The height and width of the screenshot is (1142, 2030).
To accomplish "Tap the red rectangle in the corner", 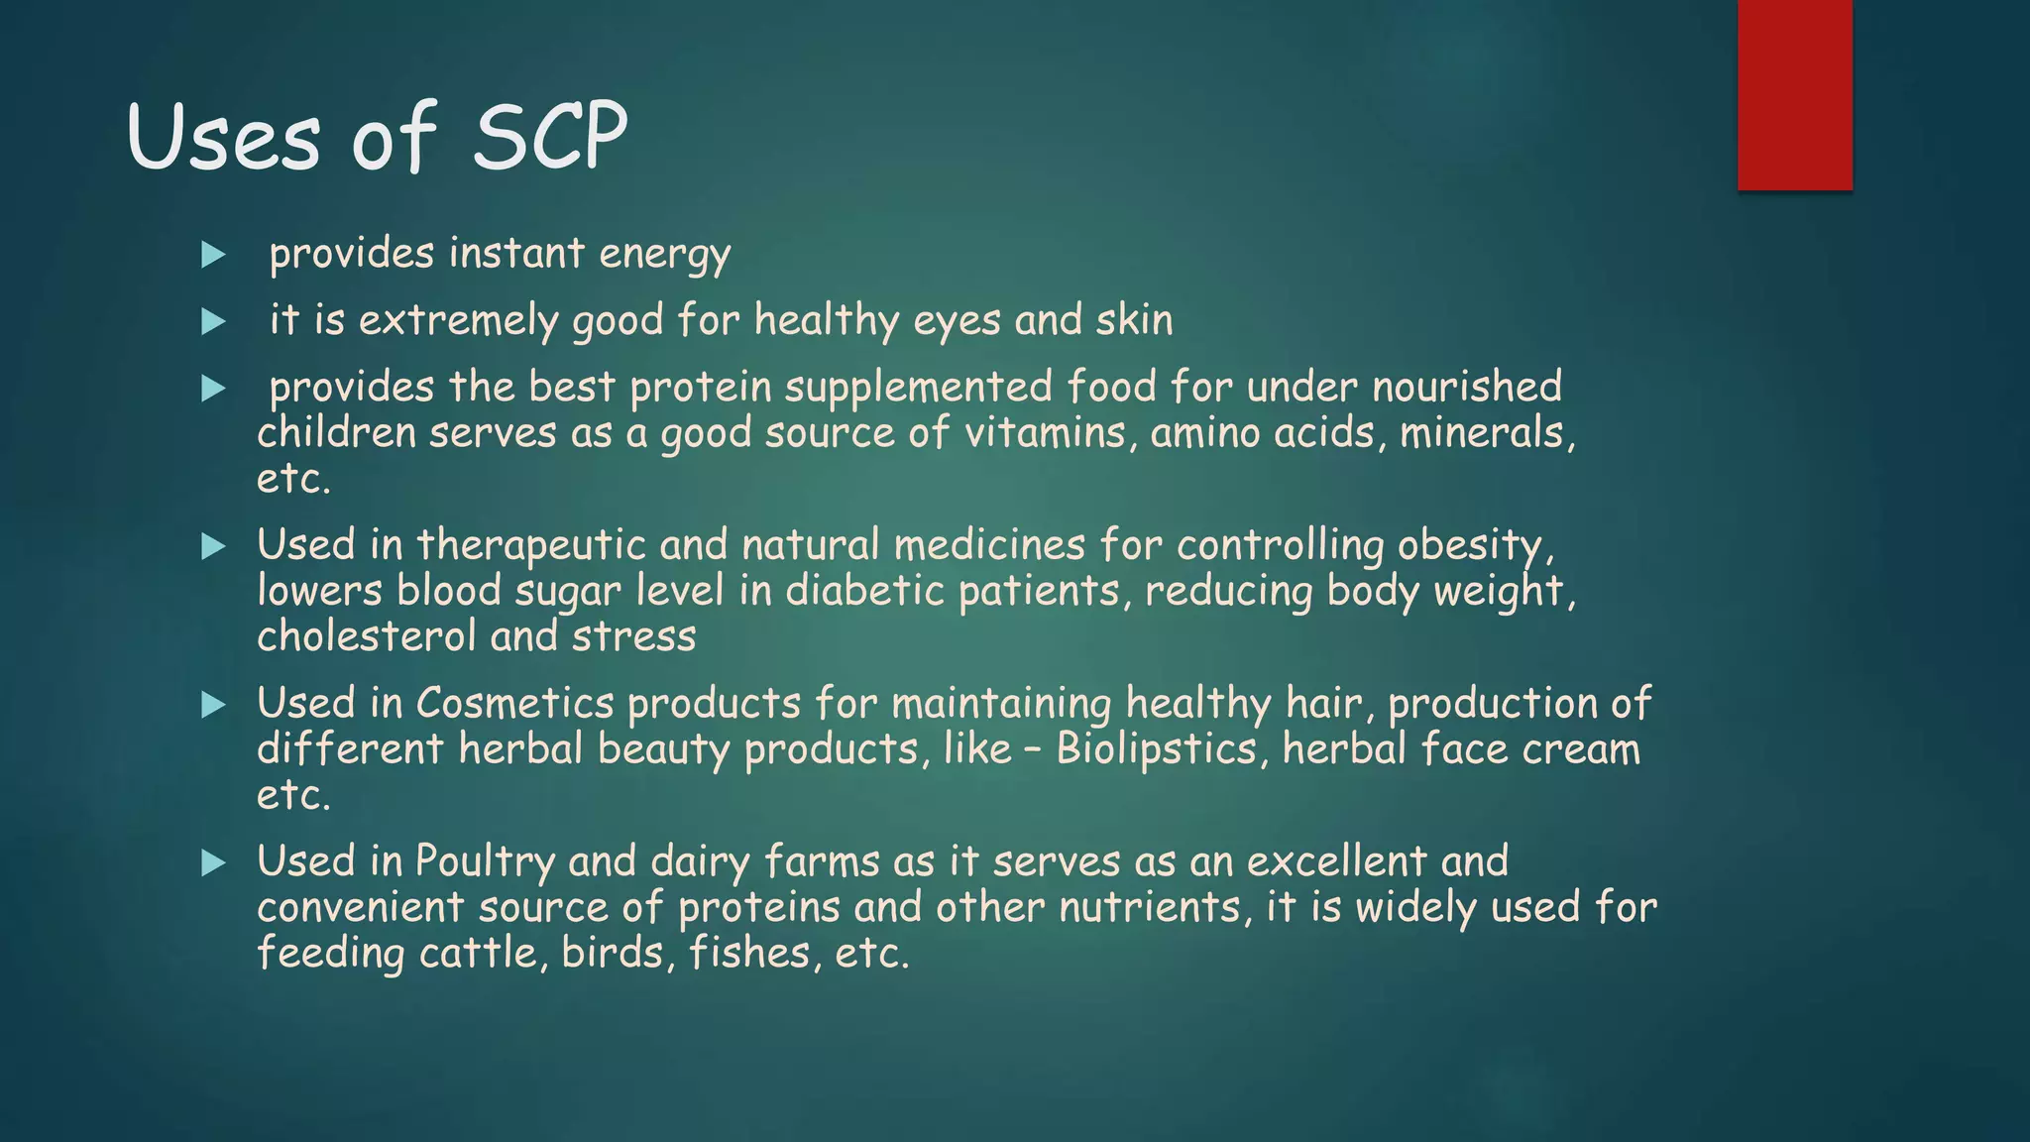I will click(1794, 95).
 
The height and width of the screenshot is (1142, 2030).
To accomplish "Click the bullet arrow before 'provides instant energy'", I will click(213, 256).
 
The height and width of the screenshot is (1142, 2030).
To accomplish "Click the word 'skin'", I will click(1134, 319).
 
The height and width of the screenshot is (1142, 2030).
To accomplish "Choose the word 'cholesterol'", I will click(367, 636).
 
